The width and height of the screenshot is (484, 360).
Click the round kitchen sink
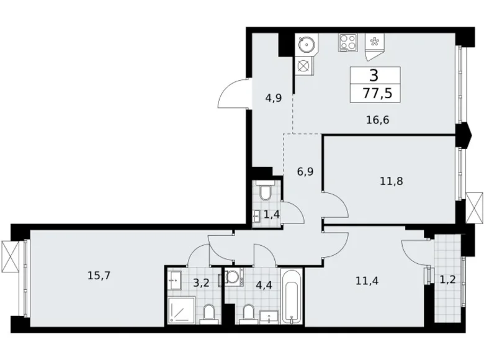(x=306, y=45)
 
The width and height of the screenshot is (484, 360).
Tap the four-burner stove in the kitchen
(x=347, y=43)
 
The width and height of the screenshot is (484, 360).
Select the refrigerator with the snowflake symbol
(x=374, y=43)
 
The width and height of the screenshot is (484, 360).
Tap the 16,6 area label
(x=377, y=120)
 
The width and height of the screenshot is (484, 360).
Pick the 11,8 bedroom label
(x=392, y=182)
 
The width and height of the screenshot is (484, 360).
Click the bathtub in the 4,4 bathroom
(x=291, y=296)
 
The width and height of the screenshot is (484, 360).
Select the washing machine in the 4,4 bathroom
(x=234, y=277)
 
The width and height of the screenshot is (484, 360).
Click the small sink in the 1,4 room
(x=256, y=215)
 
